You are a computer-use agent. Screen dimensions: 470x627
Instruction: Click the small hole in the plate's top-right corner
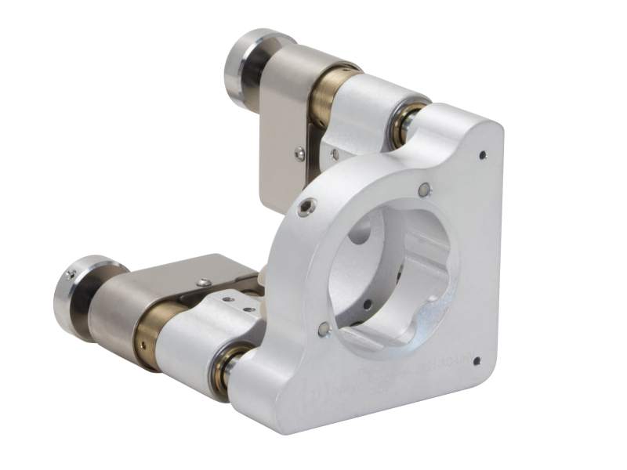click(x=481, y=155)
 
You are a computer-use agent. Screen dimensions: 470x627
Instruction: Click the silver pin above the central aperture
click(x=424, y=189)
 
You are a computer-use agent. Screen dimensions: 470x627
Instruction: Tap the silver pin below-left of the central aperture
click(x=323, y=330)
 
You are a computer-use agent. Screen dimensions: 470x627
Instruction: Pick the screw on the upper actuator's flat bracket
click(x=299, y=154)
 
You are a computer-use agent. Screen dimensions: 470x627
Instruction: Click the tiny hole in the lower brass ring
click(x=143, y=342)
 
